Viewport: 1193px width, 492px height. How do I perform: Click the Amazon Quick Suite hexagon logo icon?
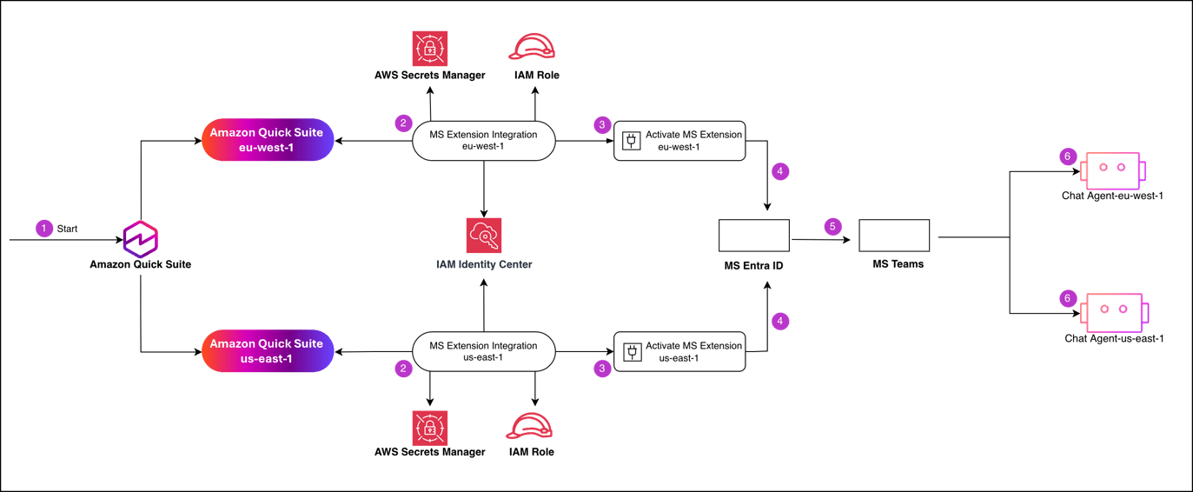(140, 237)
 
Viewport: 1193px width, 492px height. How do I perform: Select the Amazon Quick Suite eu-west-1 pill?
(268, 140)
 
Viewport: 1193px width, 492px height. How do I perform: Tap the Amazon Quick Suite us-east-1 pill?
(268, 351)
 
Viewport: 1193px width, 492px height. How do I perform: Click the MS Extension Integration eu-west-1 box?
(483, 140)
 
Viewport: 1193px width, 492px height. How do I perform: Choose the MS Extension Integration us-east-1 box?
(483, 351)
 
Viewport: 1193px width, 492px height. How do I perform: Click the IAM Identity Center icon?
(484, 236)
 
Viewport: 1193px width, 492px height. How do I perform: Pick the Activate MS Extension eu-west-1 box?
(679, 140)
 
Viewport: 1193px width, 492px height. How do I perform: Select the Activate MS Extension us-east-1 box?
(679, 351)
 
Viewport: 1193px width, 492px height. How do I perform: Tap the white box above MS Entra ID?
(754, 236)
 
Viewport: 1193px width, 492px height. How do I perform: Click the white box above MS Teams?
(894, 236)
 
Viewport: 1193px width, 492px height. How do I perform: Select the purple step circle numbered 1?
(43, 229)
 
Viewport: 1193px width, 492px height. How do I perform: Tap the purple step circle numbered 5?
(832, 227)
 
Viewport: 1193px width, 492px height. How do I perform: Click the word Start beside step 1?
(67, 229)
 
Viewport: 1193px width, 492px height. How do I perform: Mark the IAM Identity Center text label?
(484, 264)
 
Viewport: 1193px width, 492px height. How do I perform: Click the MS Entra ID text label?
(753, 264)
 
